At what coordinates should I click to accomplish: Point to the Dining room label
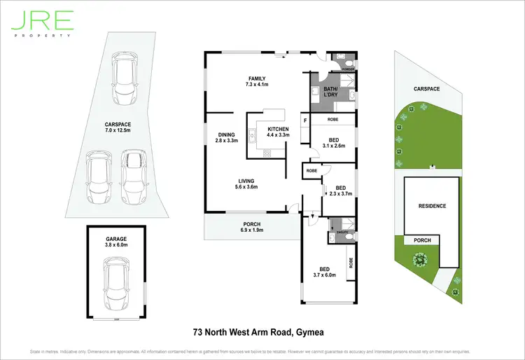point(226,137)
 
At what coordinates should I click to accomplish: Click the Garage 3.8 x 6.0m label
point(116,242)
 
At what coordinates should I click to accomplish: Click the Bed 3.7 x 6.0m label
point(324,272)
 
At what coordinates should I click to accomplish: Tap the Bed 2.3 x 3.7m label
point(340,191)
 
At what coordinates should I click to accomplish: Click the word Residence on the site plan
point(432,206)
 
